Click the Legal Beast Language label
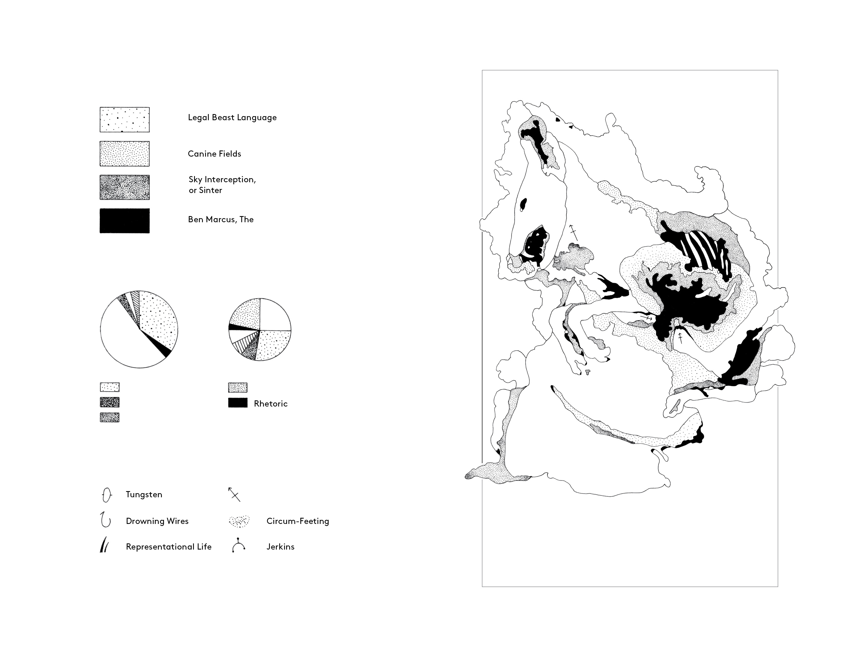click(x=232, y=117)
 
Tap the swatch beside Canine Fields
click(x=125, y=154)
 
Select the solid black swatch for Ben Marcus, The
click(x=125, y=221)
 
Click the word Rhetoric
click(x=271, y=404)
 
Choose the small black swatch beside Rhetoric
click(x=238, y=403)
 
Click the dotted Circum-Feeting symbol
click(x=239, y=521)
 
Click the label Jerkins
click(x=280, y=546)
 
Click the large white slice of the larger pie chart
click(x=125, y=336)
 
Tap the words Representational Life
click(x=169, y=547)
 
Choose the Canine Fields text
click(x=214, y=154)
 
